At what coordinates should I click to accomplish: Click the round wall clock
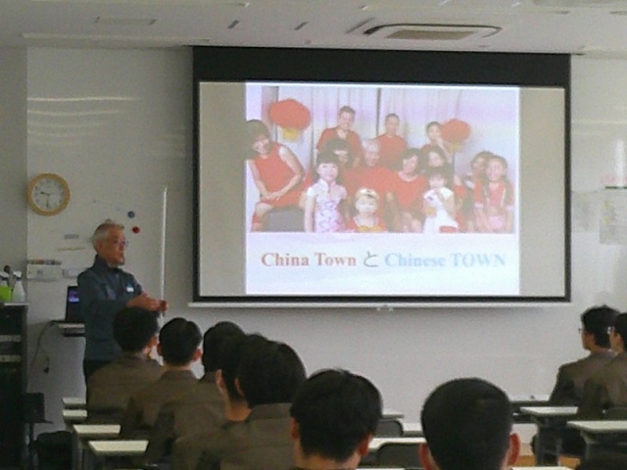click(49, 194)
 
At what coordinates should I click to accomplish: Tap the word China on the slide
click(285, 259)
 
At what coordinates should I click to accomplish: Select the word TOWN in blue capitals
click(478, 260)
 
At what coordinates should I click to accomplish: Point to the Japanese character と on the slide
click(370, 260)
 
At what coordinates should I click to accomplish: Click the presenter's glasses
click(120, 243)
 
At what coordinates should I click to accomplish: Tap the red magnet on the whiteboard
click(136, 230)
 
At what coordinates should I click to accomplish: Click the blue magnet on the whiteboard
click(130, 214)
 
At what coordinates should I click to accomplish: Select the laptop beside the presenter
click(74, 304)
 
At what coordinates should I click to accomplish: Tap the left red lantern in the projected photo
click(289, 117)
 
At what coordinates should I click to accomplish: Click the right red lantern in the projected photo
click(456, 133)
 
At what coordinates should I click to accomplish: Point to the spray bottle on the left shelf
click(18, 287)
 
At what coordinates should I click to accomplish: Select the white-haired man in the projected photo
click(370, 172)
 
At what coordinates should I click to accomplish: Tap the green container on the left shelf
click(5, 294)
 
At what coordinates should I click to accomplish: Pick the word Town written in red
click(335, 259)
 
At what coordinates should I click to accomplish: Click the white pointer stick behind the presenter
click(164, 248)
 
